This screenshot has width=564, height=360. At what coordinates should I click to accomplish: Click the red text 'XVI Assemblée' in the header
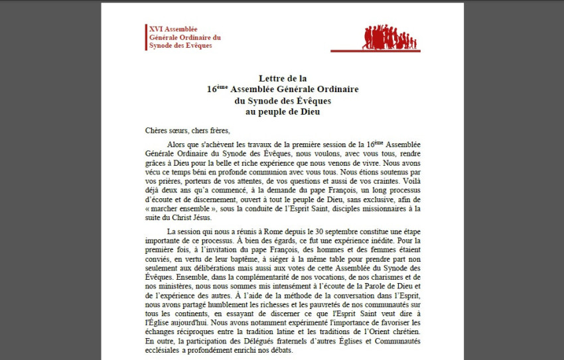click(x=173, y=29)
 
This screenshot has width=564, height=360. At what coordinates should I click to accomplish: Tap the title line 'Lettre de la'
click(x=282, y=78)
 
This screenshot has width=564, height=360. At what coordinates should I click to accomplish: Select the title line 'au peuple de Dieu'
click(x=282, y=111)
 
